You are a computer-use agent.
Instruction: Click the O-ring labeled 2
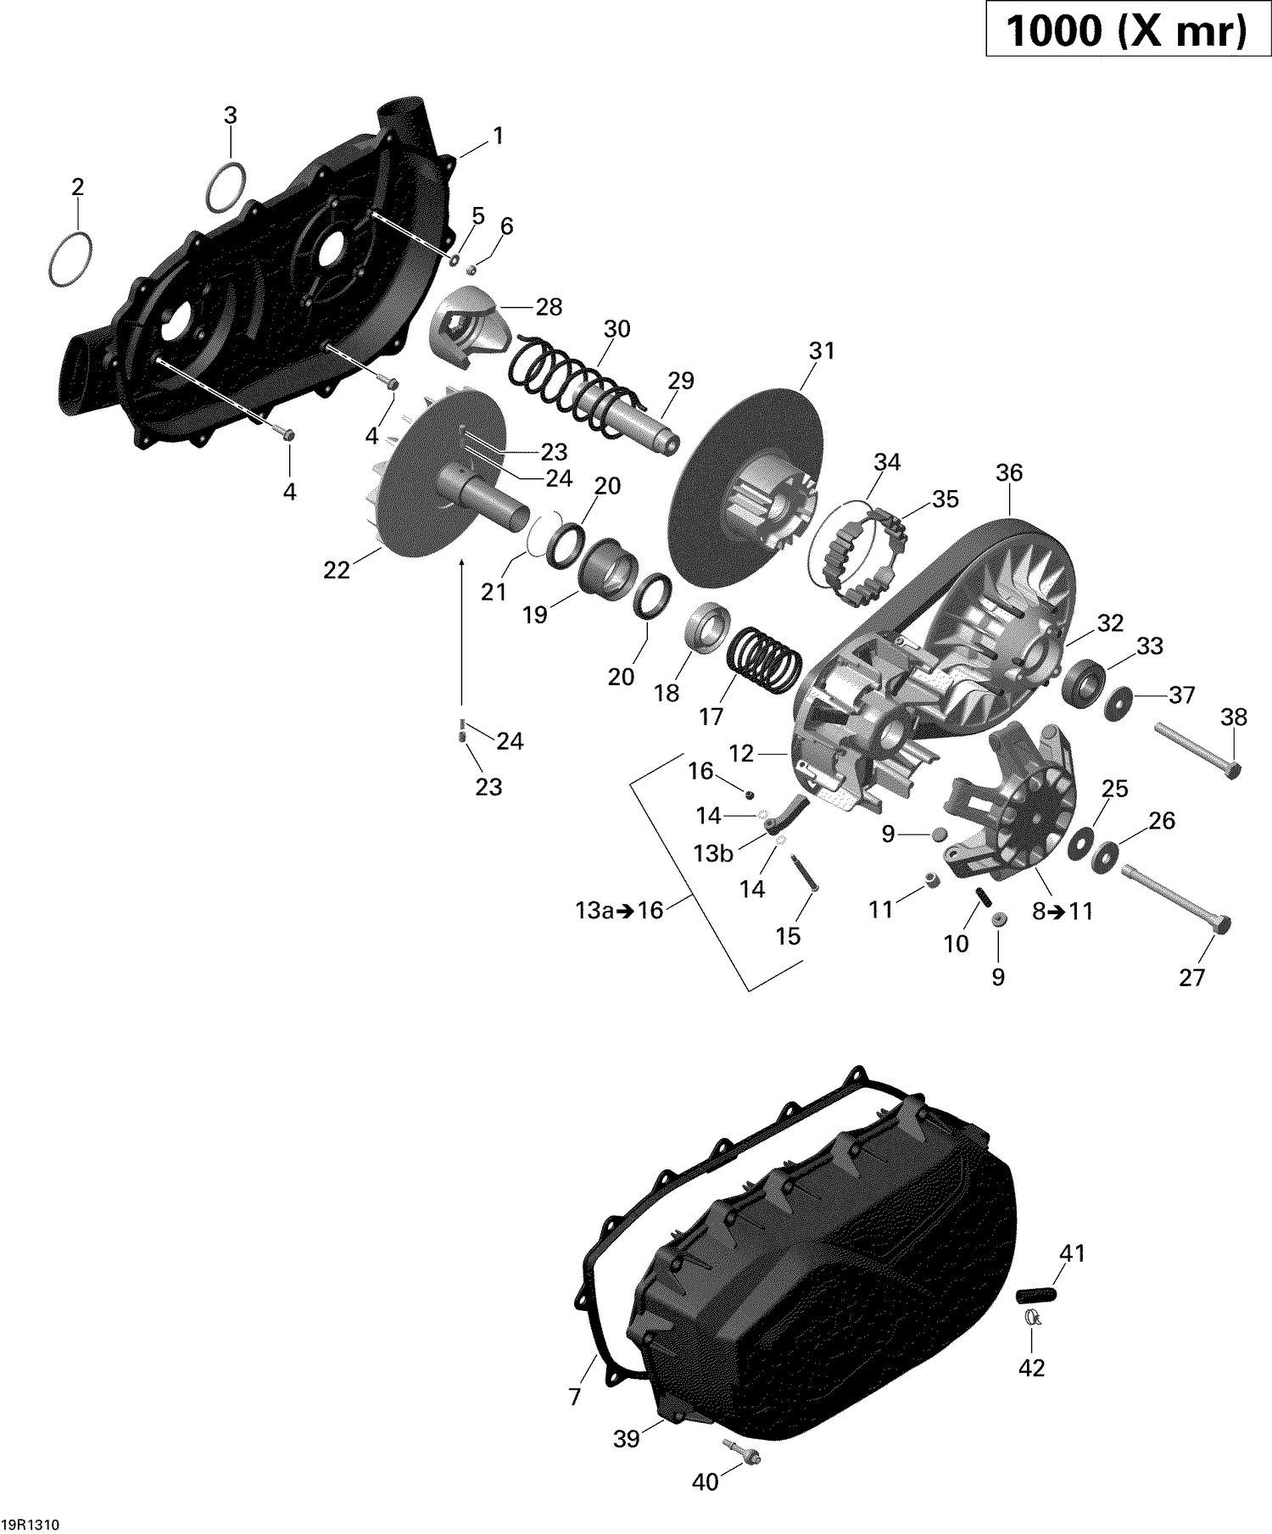[70, 256]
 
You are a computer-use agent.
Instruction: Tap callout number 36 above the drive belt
[1009, 472]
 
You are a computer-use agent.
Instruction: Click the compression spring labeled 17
[766, 662]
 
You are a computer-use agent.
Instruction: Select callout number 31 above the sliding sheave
[822, 350]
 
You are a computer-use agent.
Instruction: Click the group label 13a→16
[619, 911]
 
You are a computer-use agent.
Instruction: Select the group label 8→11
[1062, 912]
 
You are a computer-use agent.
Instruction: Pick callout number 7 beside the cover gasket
[576, 1397]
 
